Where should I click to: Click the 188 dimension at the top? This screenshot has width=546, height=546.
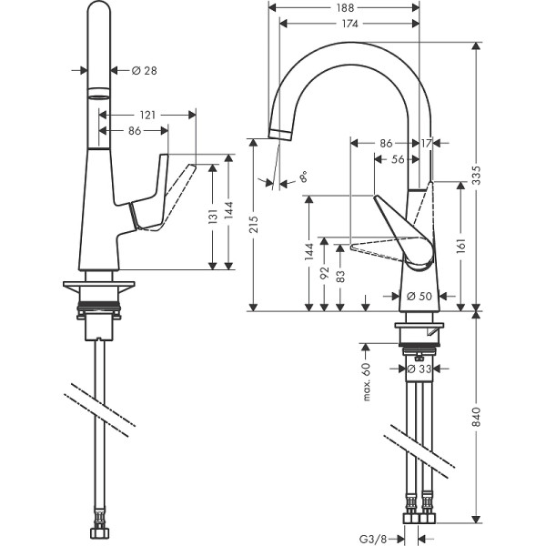tap(345, 7)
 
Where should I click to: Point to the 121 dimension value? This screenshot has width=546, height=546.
tap(146, 115)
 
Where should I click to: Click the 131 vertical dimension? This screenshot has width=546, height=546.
tap(211, 217)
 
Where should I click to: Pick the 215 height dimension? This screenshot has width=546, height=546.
tap(256, 223)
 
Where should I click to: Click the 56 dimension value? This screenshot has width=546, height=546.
tap(398, 158)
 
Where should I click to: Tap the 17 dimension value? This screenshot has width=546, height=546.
tap(427, 143)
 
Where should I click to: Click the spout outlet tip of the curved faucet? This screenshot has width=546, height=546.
tap(278, 135)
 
